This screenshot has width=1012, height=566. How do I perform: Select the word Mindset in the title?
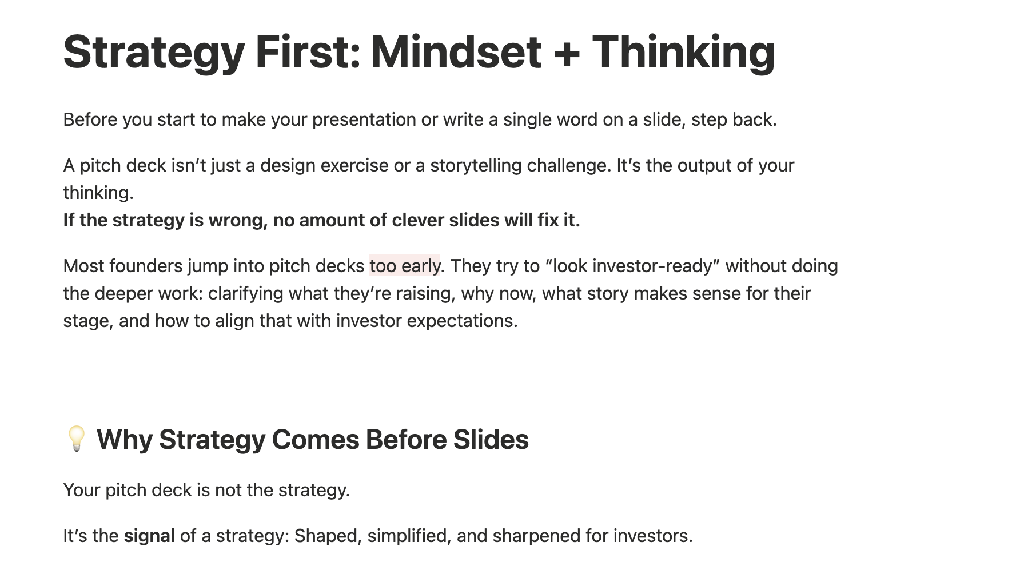[456, 52]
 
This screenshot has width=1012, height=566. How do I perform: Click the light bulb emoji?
[76, 439]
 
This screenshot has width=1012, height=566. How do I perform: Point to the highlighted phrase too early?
[405, 266]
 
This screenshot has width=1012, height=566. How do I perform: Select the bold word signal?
[149, 536]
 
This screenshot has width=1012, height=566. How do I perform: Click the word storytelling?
[476, 166]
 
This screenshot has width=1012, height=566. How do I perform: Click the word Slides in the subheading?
[491, 440]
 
